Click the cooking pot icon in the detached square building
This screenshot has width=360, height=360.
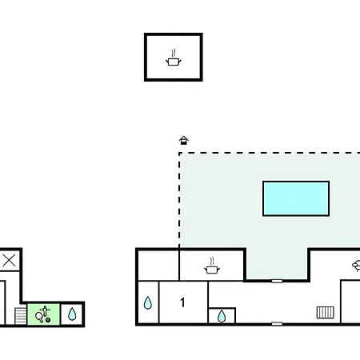coord(174,58)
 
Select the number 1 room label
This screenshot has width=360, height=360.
coord(182,302)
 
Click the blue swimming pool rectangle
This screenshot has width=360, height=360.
coord(296,198)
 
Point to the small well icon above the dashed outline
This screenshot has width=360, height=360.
coord(184,140)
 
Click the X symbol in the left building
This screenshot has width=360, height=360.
coord(9,261)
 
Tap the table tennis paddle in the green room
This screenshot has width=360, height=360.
coord(40,318)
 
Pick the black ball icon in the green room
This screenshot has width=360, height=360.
coord(48,320)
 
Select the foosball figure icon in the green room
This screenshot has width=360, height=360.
coord(45,310)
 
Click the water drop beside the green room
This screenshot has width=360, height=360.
coord(72,314)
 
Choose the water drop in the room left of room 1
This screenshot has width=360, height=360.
coord(148,303)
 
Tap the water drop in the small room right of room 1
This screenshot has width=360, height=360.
coord(222,316)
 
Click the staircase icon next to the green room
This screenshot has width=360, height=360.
coord(21,316)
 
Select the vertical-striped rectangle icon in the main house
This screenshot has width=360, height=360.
coord(326,312)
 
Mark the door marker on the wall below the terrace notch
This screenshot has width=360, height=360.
coord(277,281)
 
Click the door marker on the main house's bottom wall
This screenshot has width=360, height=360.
coord(277,324)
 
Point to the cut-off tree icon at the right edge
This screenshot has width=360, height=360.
coord(356,266)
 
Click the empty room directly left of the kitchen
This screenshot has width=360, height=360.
coord(158,266)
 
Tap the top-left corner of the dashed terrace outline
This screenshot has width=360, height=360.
coord(179,153)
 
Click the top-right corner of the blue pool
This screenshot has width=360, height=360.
coord(329,182)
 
